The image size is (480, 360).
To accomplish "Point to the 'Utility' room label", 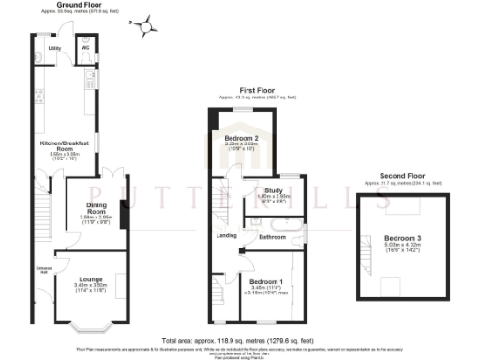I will (x=54, y=46).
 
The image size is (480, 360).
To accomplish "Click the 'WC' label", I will (x=86, y=46).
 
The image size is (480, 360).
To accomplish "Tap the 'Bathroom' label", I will (x=272, y=237).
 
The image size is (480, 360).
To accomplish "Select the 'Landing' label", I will (x=225, y=236).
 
